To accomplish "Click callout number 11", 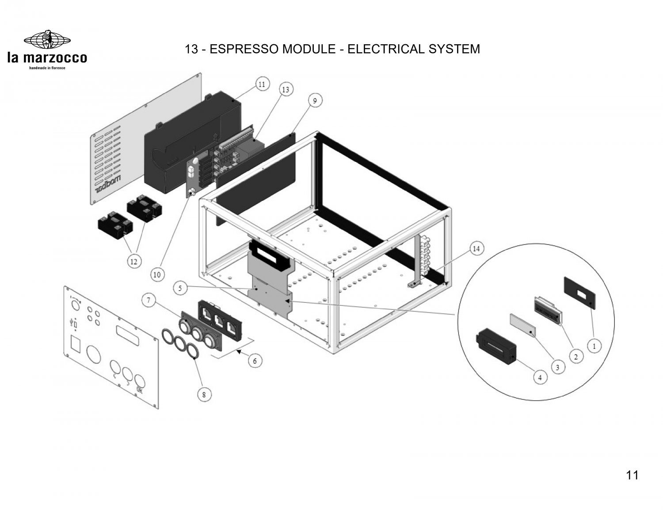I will pyautogui.click(x=262, y=84).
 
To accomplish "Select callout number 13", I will pyautogui.click(x=286, y=90).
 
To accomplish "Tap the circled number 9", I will pyautogui.click(x=315, y=101).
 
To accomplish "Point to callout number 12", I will pyautogui.click(x=133, y=262).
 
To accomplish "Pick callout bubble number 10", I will pyautogui.click(x=156, y=274).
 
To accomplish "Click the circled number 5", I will pyautogui.click(x=180, y=288).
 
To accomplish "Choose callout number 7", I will pyautogui.click(x=149, y=301).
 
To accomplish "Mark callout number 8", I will pyautogui.click(x=204, y=395).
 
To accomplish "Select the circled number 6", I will pyautogui.click(x=255, y=361).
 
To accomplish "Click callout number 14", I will pyautogui.click(x=476, y=249).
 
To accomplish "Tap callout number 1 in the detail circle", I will pyautogui.click(x=594, y=346).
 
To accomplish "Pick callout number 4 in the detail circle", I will pyautogui.click(x=540, y=378).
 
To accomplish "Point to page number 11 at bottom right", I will pyautogui.click(x=632, y=475).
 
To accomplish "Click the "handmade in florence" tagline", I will pyautogui.click(x=47, y=68).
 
